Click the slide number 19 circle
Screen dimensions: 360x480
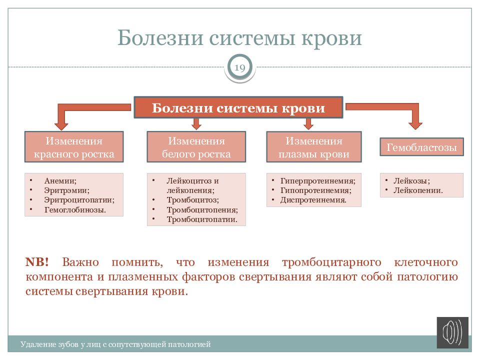pyautogui.click(x=239, y=68)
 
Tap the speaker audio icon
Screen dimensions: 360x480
pyautogui.click(x=452, y=332)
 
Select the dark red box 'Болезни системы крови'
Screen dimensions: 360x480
pyautogui.click(x=238, y=108)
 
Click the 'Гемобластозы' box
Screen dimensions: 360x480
pyautogui.click(x=421, y=147)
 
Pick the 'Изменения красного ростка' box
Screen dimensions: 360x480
pyautogui.click(x=74, y=147)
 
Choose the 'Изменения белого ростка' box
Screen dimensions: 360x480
pyautogui.click(x=196, y=147)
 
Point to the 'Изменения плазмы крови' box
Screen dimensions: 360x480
pyautogui.click(x=314, y=147)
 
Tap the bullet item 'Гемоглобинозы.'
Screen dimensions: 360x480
pyautogui.click(x=74, y=209)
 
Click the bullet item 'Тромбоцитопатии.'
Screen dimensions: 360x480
pyautogui.click(x=202, y=219)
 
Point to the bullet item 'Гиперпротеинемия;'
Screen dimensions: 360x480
pyautogui.click(x=317, y=181)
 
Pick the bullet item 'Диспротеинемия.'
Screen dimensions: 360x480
pyautogui.click(x=313, y=200)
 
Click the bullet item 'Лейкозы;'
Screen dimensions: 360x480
pyautogui.click(x=411, y=181)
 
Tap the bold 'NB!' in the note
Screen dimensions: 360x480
pyautogui.click(x=37, y=262)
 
